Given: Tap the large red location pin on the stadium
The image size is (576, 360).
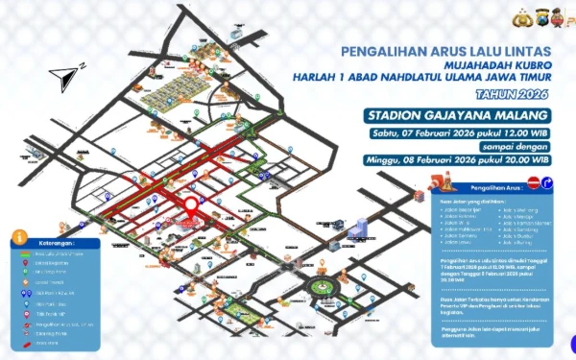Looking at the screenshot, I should [x=191, y=205].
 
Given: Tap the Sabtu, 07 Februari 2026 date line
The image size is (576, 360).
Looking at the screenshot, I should [x=457, y=132].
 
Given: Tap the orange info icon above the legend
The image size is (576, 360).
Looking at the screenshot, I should [x=19, y=236].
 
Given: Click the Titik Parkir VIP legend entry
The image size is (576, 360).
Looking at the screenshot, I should [x=52, y=314].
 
